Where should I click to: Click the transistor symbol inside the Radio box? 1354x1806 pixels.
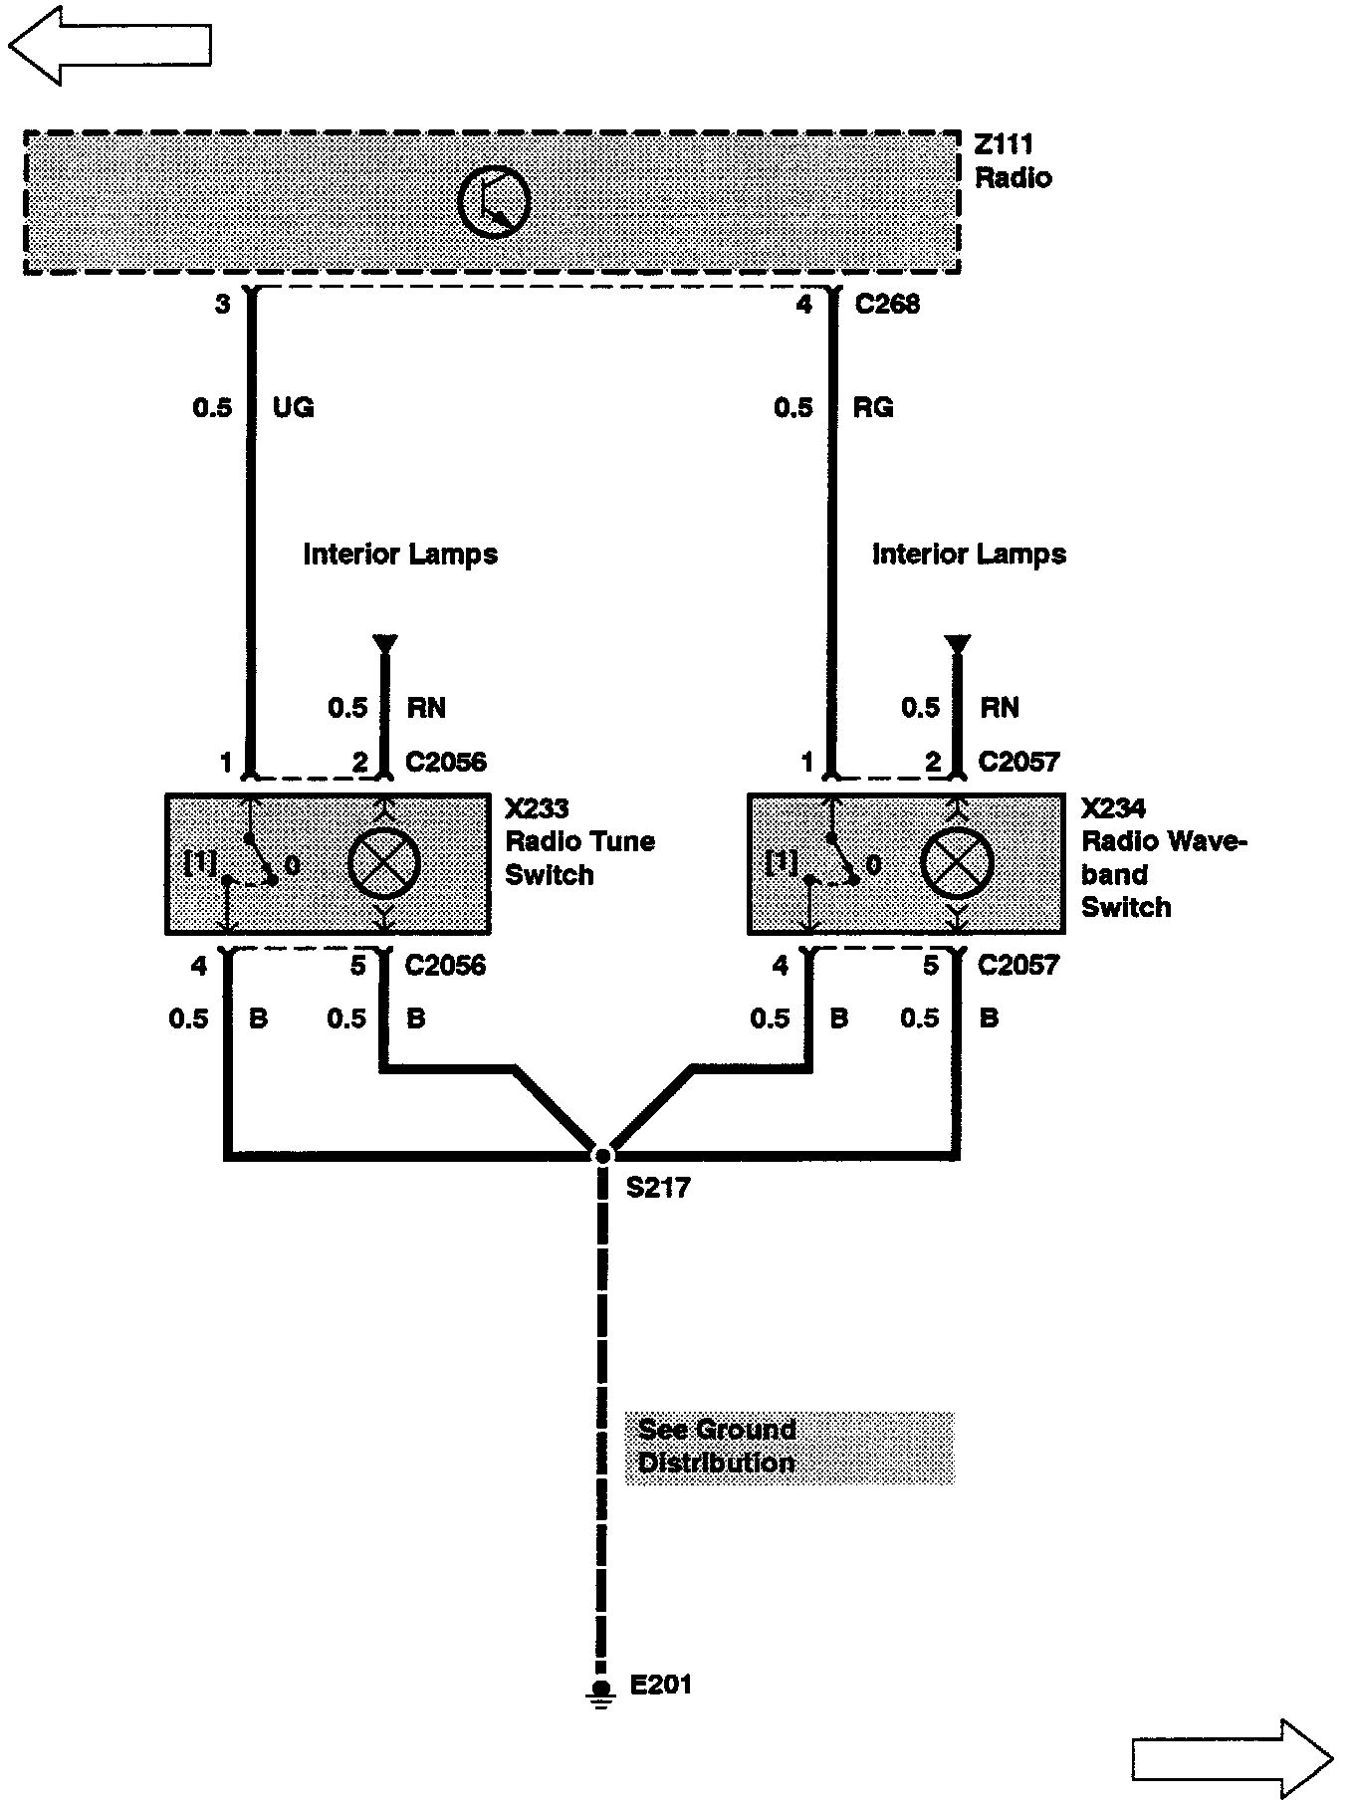[493, 201]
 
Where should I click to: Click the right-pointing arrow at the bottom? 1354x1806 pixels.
[1233, 1759]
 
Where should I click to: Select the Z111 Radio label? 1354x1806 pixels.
[1013, 162]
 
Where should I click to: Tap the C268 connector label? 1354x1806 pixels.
[887, 305]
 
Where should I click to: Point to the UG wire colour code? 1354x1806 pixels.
[293, 407]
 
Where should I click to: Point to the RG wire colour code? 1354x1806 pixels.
[873, 407]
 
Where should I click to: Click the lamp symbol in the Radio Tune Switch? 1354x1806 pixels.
[383, 863]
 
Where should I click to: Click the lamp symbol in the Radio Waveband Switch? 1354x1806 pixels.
[957, 863]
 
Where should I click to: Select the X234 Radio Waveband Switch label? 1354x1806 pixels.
[1163, 857]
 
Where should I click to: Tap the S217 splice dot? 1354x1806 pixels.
[602, 1155]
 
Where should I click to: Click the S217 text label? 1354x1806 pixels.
[658, 1188]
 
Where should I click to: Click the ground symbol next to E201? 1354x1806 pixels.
[600, 1691]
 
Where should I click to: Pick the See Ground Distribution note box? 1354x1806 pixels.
[789, 1447]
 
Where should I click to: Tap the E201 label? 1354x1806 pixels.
[661, 1685]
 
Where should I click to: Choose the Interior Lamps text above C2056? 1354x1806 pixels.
[400, 555]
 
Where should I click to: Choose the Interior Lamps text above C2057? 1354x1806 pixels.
[969, 555]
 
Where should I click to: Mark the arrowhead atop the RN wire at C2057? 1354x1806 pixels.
[957, 643]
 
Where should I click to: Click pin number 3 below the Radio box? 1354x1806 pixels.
[222, 304]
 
